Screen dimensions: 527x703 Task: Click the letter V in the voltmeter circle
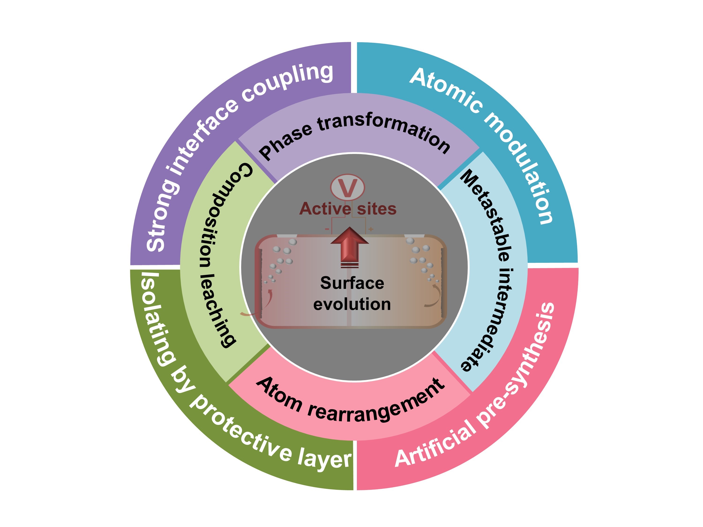347,188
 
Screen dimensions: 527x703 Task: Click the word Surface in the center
352,283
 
